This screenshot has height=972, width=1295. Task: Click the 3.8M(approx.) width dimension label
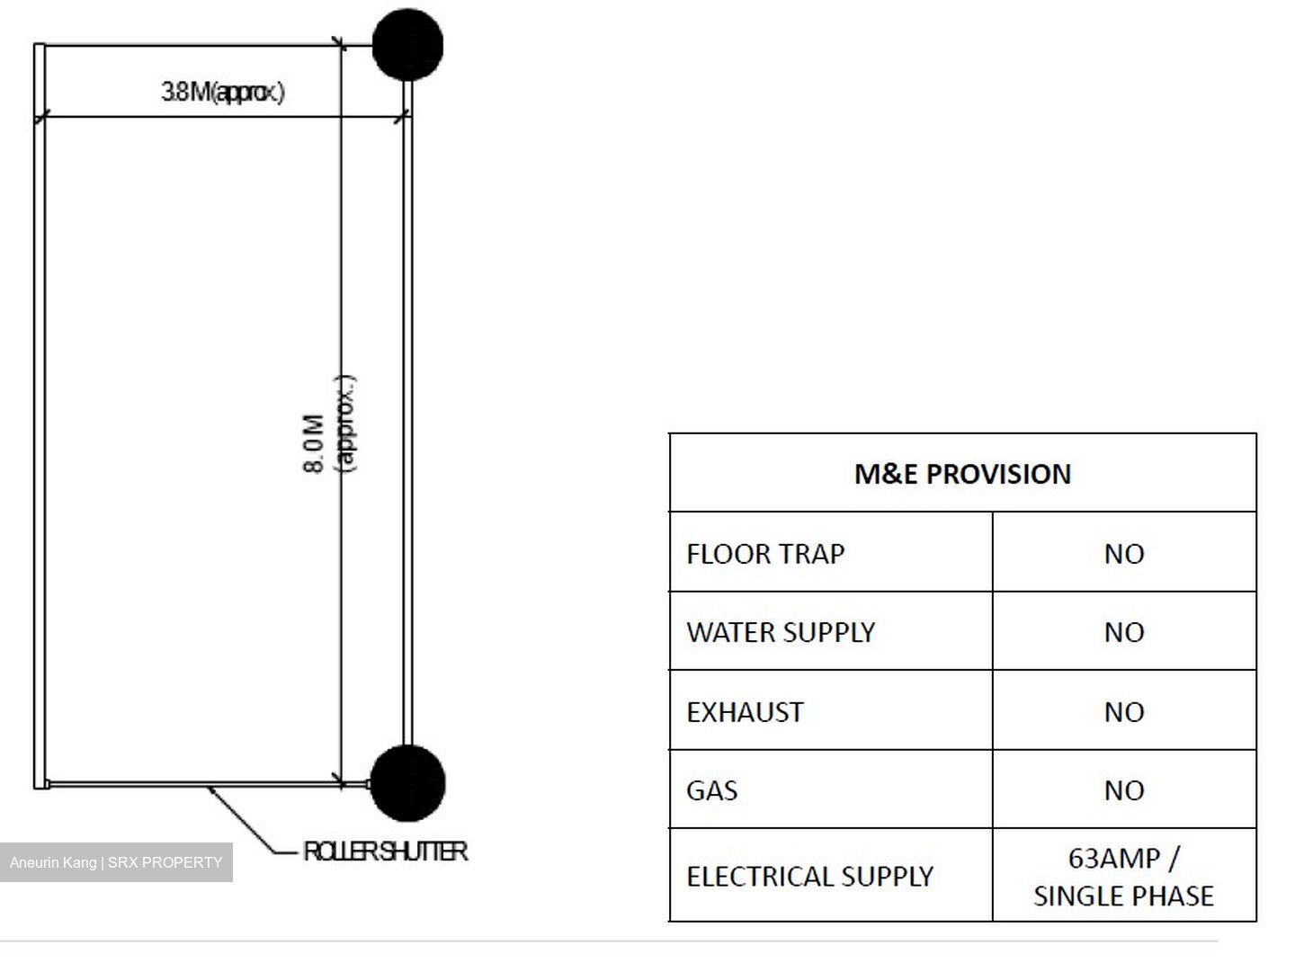(222, 92)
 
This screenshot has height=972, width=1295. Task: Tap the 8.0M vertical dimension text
(313, 443)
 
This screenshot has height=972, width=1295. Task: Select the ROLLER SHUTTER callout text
(385, 852)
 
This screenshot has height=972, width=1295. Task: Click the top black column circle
(407, 45)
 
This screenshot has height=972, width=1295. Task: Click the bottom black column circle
(407, 783)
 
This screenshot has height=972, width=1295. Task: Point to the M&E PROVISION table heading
(962, 474)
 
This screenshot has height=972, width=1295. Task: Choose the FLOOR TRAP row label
(765, 554)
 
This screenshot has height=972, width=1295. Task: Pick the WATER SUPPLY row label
(781, 632)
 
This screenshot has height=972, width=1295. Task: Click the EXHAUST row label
(745, 712)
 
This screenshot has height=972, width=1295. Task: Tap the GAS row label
(711, 790)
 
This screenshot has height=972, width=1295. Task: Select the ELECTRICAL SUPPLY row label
(810, 877)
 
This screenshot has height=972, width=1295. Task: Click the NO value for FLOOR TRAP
(1124, 554)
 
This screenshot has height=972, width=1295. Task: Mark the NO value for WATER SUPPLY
(1124, 632)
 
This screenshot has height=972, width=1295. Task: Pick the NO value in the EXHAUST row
(1124, 712)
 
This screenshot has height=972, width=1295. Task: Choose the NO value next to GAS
(1124, 790)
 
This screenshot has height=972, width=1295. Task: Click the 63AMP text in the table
(1114, 859)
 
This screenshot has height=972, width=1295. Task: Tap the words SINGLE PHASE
(1124, 896)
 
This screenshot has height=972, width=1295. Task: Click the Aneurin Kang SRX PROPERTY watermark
(116, 862)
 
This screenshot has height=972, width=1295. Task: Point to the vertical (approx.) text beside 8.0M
(345, 424)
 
